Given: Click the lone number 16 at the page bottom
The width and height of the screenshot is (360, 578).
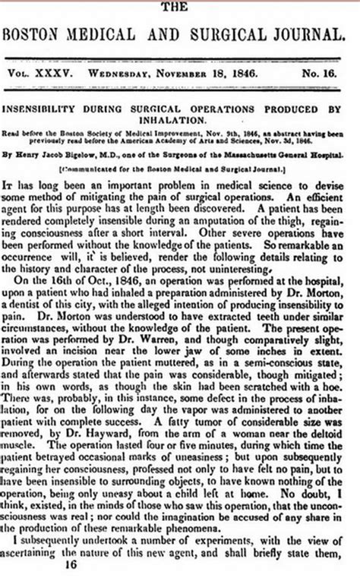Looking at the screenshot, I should click(x=71, y=566).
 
